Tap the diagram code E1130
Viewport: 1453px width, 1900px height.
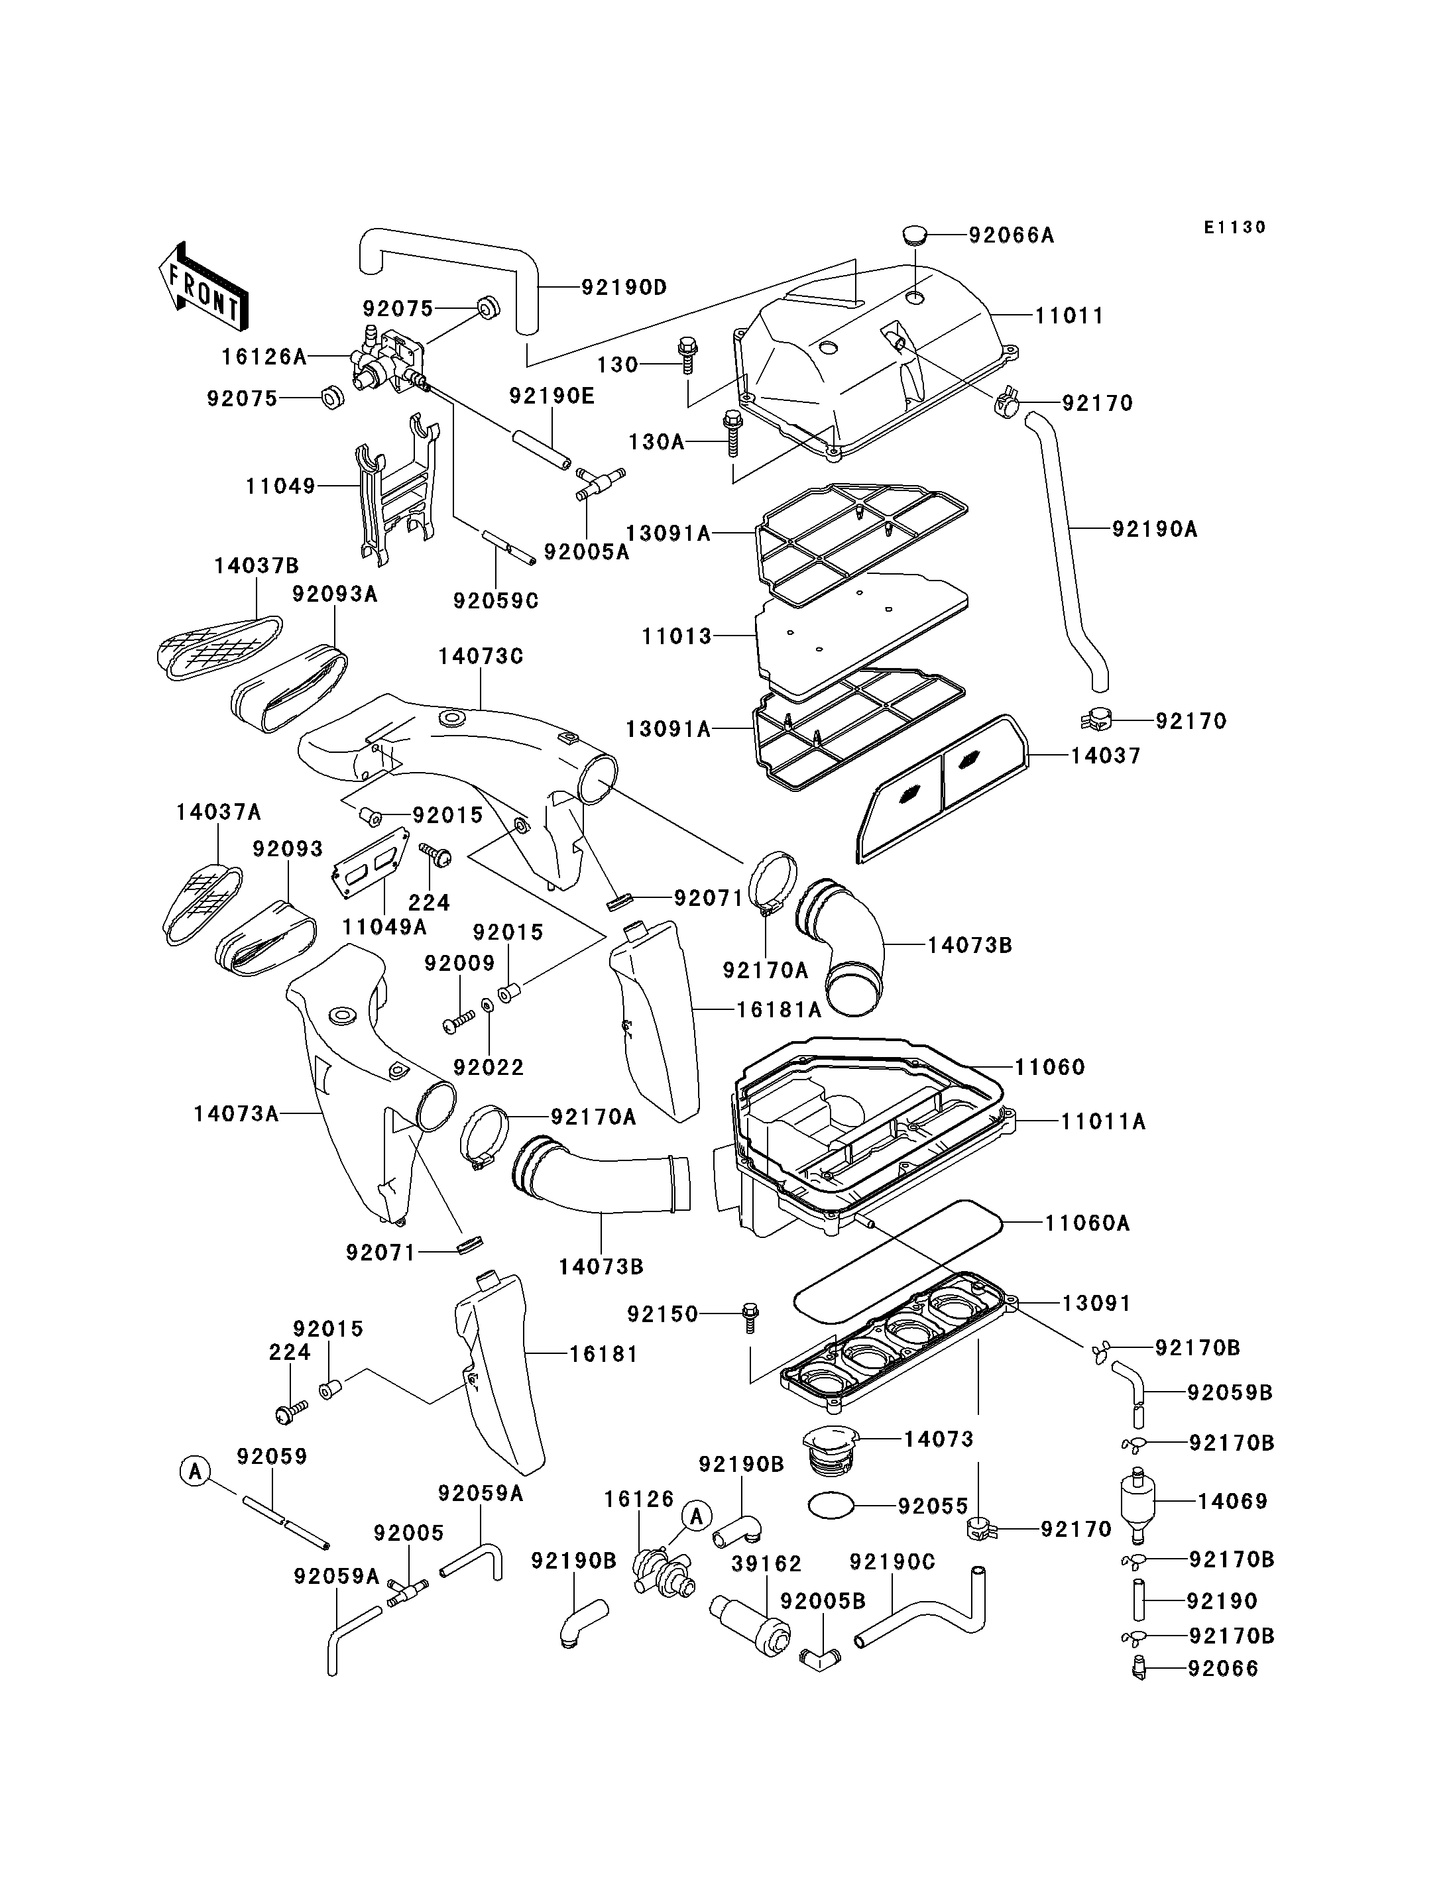click(1234, 227)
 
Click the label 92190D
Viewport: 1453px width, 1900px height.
click(624, 287)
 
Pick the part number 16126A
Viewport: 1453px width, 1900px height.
click(264, 357)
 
